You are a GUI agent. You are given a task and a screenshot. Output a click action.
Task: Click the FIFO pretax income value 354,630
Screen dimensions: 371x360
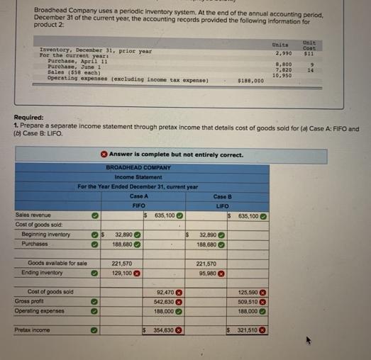(165, 330)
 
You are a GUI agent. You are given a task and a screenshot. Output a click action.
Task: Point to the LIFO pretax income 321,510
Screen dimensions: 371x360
(246, 330)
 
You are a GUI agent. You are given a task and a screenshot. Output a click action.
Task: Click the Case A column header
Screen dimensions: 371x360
(139, 196)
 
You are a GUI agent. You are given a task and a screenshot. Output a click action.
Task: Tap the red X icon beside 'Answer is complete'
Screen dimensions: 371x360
(104, 154)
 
